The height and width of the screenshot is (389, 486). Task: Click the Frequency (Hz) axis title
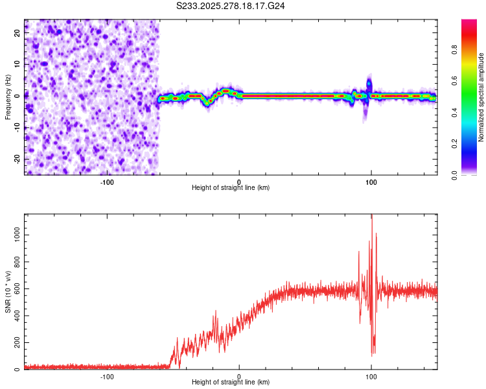click(x=8, y=97)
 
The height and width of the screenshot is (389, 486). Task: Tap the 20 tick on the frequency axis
click(x=17, y=34)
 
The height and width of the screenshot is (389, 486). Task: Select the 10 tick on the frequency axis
click(x=17, y=65)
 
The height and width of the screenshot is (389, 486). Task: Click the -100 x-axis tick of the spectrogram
click(x=107, y=182)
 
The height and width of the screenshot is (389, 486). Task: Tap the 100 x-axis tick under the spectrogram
click(x=371, y=182)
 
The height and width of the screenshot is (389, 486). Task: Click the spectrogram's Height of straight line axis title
click(x=231, y=188)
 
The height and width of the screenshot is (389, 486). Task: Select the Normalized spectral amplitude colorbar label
click(x=481, y=97)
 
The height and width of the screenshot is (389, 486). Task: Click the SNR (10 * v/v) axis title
click(x=8, y=292)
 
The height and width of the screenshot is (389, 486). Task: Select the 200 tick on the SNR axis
click(x=14, y=342)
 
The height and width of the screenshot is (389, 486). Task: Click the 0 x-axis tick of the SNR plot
click(x=239, y=377)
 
